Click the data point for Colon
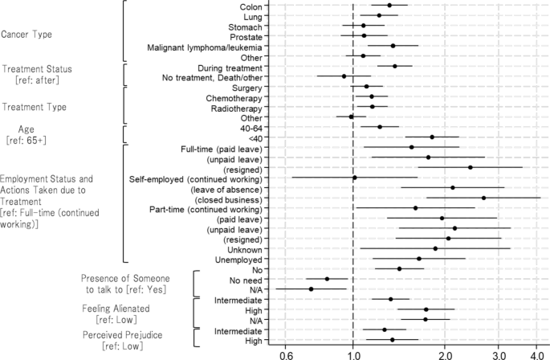coord(389,6)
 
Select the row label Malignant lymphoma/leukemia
coord(205,47)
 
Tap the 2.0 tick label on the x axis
coord(445,355)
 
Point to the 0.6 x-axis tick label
coord(286,355)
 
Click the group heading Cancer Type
coord(26,35)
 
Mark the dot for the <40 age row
coord(432,137)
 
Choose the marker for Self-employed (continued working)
coord(355,178)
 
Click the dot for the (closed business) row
coord(483,198)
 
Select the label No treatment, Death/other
coord(212,78)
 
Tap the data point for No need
coord(328,279)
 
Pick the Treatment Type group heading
coord(35,107)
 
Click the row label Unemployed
coord(238,260)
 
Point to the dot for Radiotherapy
coord(373,106)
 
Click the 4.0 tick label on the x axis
coord(536,355)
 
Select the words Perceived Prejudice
coord(122,335)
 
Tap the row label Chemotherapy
coord(234,98)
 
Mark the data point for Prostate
coord(364,35)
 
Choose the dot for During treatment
coord(395,66)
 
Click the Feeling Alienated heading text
coord(116,309)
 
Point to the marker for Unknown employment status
coord(435,248)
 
